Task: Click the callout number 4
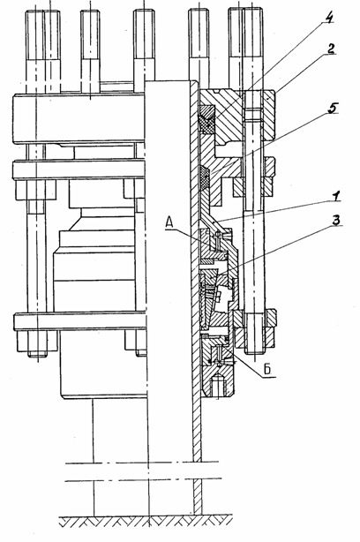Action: tap(328, 18)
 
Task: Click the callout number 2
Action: tap(331, 49)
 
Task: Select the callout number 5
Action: tap(332, 109)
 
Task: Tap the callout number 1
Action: tap(335, 196)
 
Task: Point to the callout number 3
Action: tap(335, 220)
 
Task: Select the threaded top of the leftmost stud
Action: tap(44, 34)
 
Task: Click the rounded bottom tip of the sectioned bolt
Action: tap(255, 351)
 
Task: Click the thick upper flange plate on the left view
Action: tap(79, 118)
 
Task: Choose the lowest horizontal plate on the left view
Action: tap(79, 321)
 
